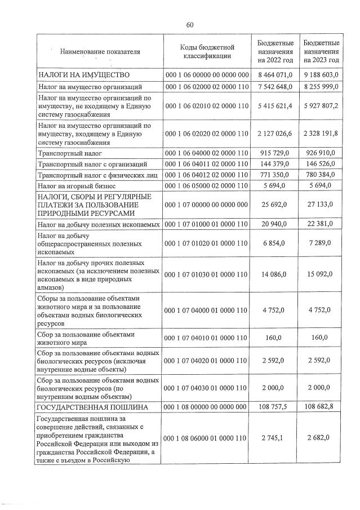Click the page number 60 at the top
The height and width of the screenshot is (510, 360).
click(x=190, y=24)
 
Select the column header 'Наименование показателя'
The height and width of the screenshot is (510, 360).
click(x=100, y=51)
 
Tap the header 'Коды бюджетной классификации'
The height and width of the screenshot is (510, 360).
click(x=207, y=51)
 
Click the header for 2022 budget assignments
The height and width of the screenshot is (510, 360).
click(x=275, y=51)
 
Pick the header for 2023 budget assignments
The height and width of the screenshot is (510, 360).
click(x=321, y=51)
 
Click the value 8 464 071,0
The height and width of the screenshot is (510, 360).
click(x=275, y=74)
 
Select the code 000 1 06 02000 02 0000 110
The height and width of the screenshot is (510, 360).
click(x=207, y=87)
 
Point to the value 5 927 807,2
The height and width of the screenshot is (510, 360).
click(x=321, y=105)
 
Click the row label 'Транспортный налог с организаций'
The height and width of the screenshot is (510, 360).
click(x=91, y=164)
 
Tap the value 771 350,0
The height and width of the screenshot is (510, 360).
click(x=275, y=175)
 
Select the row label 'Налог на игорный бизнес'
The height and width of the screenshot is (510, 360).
click(x=77, y=185)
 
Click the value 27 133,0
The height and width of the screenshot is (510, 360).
click(x=321, y=206)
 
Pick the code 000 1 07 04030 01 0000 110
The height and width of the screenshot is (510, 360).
click(x=207, y=388)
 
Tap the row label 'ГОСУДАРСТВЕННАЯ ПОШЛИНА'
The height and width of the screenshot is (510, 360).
click(x=92, y=407)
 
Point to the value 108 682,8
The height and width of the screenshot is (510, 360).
click(x=321, y=407)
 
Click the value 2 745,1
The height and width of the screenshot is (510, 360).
click(x=275, y=438)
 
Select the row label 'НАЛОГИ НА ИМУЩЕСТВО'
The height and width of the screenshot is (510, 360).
click(x=84, y=74)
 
